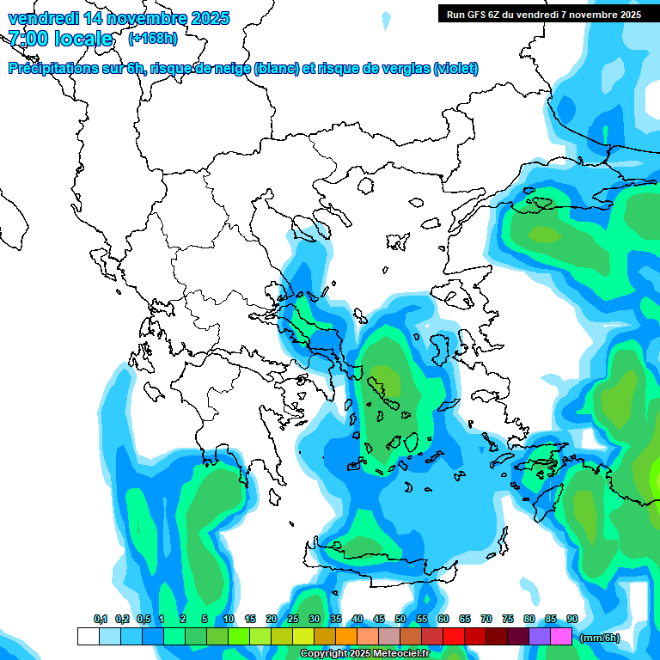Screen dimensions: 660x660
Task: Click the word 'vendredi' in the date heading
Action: click(x=43, y=18)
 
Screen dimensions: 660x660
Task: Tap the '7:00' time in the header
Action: click(x=27, y=39)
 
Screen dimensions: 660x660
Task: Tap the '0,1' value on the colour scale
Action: click(x=101, y=619)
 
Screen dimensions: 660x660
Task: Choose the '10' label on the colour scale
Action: click(x=229, y=619)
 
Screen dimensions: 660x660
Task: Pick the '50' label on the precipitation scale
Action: click(x=400, y=619)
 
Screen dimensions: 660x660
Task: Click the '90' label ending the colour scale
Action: click(x=572, y=619)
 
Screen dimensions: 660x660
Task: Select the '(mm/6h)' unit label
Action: click(x=600, y=638)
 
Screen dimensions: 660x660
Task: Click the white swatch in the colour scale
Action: click(x=88, y=637)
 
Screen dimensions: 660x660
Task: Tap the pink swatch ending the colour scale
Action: click(x=561, y=637)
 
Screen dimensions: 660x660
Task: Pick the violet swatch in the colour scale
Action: click(x=540, y=637)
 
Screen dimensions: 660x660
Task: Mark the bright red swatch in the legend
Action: click(x=454, y=637)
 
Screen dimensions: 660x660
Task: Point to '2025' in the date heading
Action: click(x=204, y=18)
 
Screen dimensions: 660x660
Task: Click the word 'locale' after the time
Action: click(x=83, y=39)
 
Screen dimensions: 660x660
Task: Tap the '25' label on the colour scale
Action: click(x=293, y=619)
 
